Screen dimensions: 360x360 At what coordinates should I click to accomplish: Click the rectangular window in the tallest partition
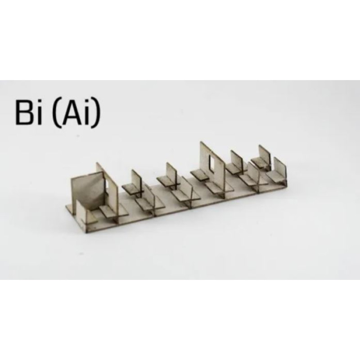pos(212,164)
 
